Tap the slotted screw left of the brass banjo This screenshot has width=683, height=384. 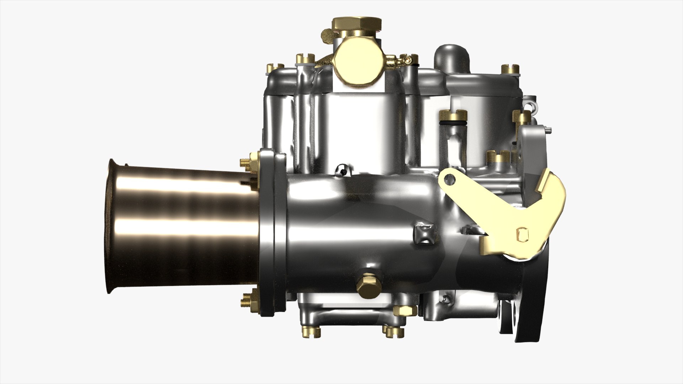pos(305,58)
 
